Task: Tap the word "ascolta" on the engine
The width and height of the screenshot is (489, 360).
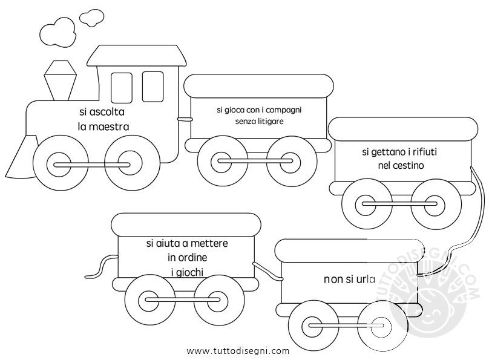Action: click(x=107, y=112)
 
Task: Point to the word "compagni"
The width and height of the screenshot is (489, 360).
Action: click(x=283, y=110)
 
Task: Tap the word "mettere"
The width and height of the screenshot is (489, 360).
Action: click(x=209, y=243)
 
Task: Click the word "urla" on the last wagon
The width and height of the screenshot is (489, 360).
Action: click(x=366, y=280)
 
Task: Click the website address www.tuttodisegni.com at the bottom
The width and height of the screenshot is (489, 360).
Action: click(x=238, y=351)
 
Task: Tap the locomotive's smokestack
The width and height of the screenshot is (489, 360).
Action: click(x=61, y=80)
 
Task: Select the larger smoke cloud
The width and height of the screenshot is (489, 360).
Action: click(x=58, y=31)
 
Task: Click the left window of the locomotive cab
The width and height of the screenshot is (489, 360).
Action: click(x=121, y=88)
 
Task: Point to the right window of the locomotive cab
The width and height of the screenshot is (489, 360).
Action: click(x=153, y=87)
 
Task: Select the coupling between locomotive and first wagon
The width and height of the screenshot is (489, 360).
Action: click(x=185, y=119)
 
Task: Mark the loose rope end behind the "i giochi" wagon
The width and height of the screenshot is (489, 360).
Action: click(x=100, y=267)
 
